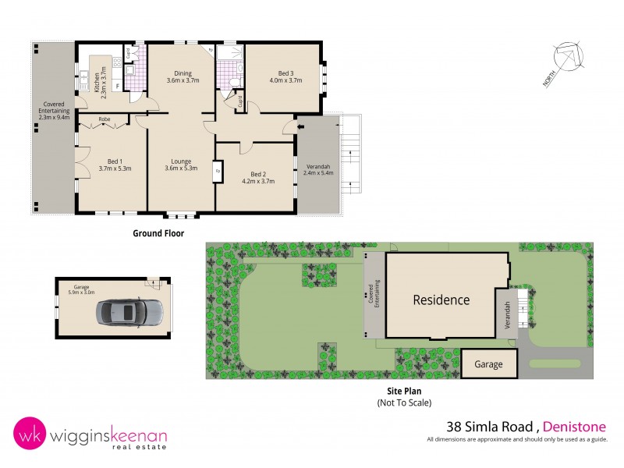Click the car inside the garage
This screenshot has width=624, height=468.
click(x=129, y=313)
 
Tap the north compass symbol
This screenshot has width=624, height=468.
click(x=567, y=61)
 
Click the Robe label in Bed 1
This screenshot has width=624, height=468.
click(x=104, y=119)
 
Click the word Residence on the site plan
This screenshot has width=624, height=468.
click(x=441, y=300)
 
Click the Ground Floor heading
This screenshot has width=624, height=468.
click(x=158, y=233)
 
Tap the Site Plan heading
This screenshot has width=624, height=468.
click(x=403, y=392)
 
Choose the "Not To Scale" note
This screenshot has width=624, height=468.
click(x=403, y=402)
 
